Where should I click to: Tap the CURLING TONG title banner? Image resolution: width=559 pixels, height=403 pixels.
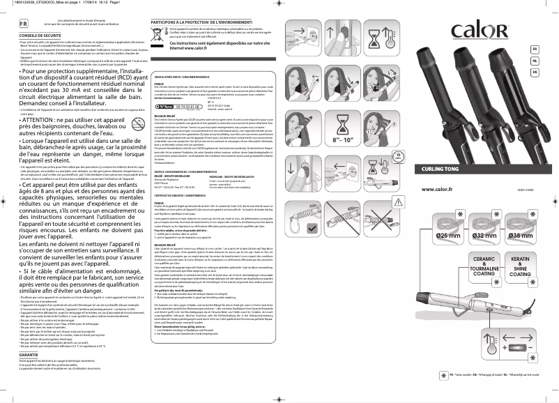[x=456, y=169]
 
